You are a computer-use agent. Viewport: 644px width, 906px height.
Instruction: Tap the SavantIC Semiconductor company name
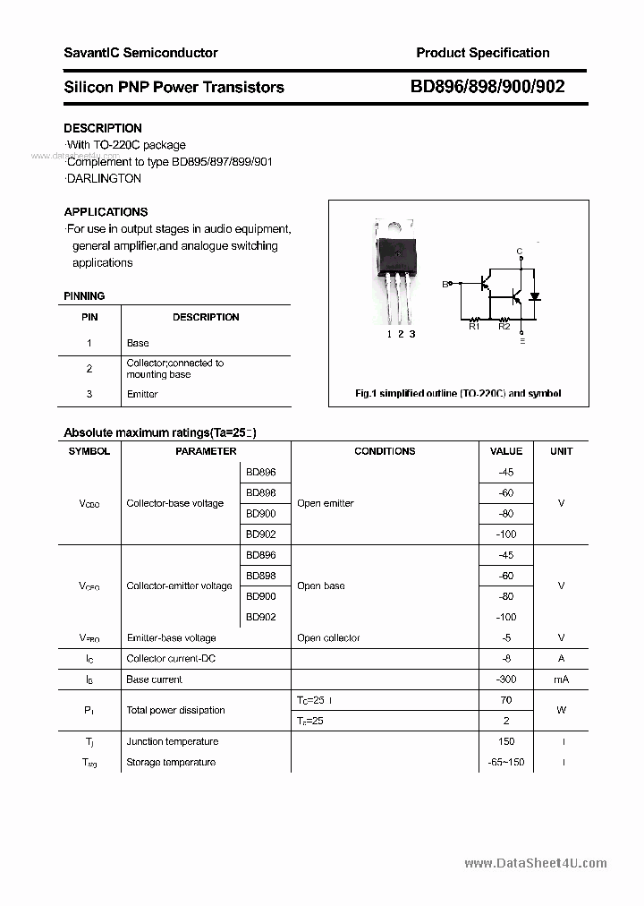tap(140, 53)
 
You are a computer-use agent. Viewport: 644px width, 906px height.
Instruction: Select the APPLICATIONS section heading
tap(106, 212)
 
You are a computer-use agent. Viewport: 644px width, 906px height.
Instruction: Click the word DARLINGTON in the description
tap(104, 178)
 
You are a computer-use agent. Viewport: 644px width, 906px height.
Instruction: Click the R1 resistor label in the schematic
tap(474, 327)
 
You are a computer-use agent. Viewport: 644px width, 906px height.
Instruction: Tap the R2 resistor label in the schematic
tap(504, 327)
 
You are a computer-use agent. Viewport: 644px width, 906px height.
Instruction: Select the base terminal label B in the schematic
tap(445, 285)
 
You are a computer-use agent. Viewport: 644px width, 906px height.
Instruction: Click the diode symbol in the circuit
tap(535, 295)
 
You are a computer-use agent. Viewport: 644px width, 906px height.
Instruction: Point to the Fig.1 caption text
tap(458, 394)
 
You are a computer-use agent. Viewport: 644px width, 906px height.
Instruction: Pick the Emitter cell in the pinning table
tap(142, 394)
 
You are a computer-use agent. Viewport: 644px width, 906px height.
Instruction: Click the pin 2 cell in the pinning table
tap(89, 368)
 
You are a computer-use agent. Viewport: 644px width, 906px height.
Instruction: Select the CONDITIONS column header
tap(385, 451)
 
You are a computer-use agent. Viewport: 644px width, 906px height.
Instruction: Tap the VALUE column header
tap(506, 451)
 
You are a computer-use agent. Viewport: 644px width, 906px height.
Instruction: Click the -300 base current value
tap(506, 679)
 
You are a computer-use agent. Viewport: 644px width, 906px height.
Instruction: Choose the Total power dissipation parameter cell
tap(176, 710)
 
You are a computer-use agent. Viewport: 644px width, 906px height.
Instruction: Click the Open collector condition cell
tap(328, 638)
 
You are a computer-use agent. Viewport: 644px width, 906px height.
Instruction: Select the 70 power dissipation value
tap(506, 700)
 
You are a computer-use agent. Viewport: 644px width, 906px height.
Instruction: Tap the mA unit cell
tap(561, 679)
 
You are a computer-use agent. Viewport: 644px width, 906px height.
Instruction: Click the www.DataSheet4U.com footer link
tap(536, 863)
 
